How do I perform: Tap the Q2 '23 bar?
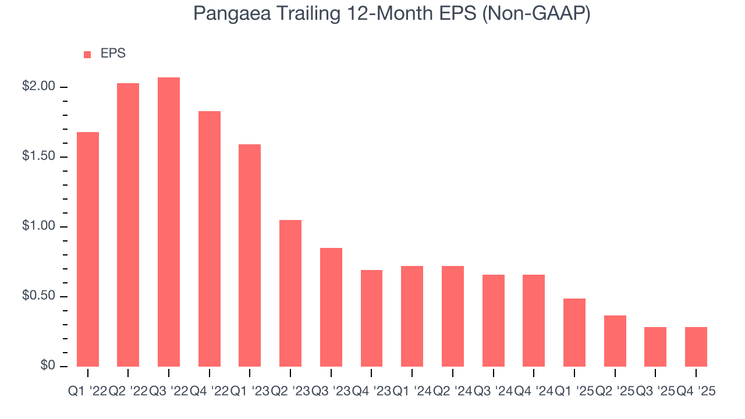click(x=290, y=293)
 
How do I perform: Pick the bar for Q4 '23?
click(x=371, y=318)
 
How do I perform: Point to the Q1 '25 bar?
click(x=574, y=332)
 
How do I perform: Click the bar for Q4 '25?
click(x=696, y=347)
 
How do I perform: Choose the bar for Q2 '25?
click(x=615, y=341)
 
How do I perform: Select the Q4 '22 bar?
click(x=210, y=239)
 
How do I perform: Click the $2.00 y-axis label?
click(x=38, y=87)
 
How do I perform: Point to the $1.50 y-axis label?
click(x=38, y=157)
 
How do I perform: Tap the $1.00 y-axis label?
click(x=38, y=226)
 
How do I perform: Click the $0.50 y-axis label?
click(x=38, y=296)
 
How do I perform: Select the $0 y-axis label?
click(x=48, y=366)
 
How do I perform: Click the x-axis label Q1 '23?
click(x=250, y=392)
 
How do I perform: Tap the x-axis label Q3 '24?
click(x=493, y=392)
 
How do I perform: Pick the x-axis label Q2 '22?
click(x=128, y=392)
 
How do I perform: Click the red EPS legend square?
click(x=87, y=54)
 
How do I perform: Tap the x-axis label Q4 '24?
click(x=534, y=392)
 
